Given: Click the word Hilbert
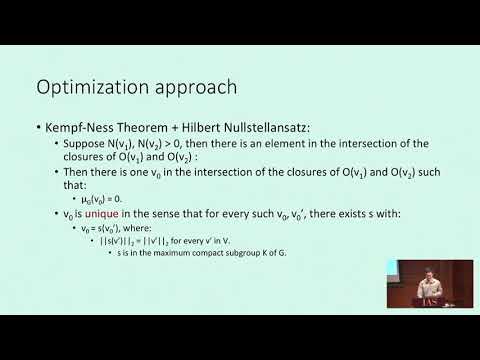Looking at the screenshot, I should pyautogui.click(x=198, y=130).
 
